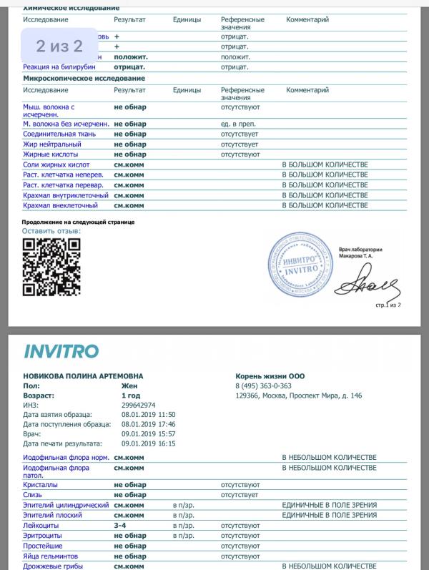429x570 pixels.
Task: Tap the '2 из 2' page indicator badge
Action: tap(59, 47)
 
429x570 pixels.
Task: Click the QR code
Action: tap(51, 266)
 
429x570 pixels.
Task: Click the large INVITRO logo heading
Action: tap(61, 351)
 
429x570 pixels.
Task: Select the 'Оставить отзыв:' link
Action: tap(51, 231)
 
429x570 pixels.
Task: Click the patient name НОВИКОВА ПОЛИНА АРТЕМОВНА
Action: tap(83, 376)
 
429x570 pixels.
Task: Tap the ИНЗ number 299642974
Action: tap(138, 405)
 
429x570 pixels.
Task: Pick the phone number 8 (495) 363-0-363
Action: tap(263, 385)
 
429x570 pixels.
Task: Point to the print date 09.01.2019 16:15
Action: tap(149, 443)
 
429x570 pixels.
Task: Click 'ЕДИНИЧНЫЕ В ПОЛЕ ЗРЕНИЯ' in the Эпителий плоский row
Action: tap(329, 515)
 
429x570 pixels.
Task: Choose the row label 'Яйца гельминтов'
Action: tap(51, 555)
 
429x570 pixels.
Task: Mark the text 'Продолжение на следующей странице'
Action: tap(78, 222)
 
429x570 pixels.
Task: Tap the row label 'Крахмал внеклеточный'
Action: tap(60, 206)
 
